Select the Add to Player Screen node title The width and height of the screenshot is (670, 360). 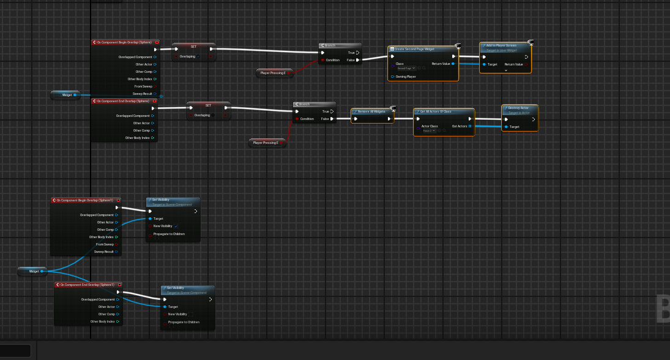pos(501,45)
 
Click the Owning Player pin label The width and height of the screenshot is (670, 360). pos(406,77)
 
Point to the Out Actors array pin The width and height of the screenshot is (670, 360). pos(470,126)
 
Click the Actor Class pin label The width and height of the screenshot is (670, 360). pos(430,126)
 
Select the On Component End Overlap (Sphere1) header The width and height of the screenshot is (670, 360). pos(86,285)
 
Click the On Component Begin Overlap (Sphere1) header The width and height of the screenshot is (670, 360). pos(84,200)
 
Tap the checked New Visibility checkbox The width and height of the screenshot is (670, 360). pos(176,227)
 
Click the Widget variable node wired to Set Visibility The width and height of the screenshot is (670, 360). pos(34,271)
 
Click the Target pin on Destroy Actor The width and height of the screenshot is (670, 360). pos(506,127)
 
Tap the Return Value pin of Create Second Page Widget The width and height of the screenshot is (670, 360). pos(453,64)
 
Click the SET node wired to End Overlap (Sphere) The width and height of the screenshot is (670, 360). pos(208,105)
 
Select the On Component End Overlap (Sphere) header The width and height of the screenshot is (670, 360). pos(122,101)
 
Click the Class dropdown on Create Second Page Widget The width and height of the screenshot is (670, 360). pos(406,69)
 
